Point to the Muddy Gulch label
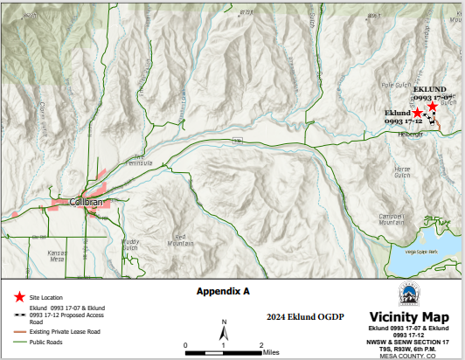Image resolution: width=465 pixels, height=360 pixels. [x=130, y=243]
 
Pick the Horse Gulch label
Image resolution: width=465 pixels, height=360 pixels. [x=402, y=170]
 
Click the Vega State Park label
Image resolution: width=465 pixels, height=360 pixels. [x=421, y=252]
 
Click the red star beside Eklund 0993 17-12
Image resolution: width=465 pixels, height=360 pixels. [x=418, y=114]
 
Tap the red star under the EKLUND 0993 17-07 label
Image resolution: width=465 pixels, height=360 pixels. [x=433, y=106]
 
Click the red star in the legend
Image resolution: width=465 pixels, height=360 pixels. [x=19, y=297]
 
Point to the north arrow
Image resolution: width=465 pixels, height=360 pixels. [x=225, y=331]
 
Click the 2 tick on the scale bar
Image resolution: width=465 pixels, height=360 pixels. [x=261, y=346]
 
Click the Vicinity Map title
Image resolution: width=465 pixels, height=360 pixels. [x=408, y=316]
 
